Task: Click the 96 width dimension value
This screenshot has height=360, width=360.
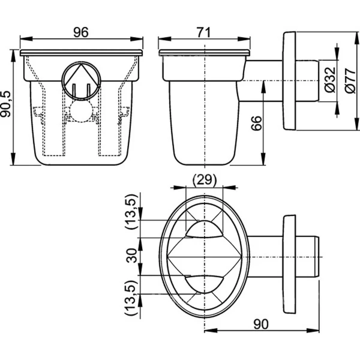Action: (81, 32)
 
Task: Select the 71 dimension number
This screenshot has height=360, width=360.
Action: (203, 32)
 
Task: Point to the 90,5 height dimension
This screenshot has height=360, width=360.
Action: (6, 104)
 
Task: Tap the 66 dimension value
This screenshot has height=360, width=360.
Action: (256, 123)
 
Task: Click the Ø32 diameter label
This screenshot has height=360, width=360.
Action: (331, 80)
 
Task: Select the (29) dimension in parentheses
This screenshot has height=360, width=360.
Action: (205, 180)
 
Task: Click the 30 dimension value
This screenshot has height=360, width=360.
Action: (132, 256)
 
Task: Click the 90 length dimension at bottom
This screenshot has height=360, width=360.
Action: (261, 324)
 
